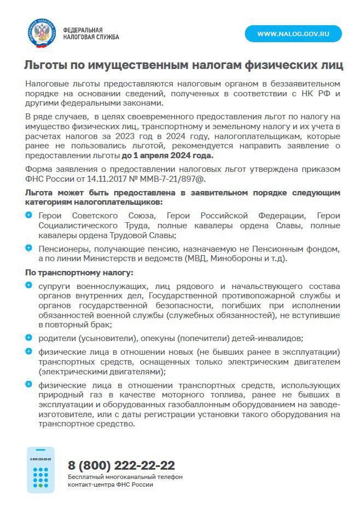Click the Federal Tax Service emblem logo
[x=42, y=33]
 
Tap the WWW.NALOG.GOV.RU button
[x=293, y=34]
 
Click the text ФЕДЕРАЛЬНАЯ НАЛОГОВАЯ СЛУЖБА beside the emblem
[x=91, y=33]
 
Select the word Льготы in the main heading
[x=45, y=66]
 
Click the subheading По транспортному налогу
[x=79, y=273]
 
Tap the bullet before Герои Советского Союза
[x=29, y=216]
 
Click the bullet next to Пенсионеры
[x=29, y=248]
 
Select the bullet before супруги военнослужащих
[x=29, y=285]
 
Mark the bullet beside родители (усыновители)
[x=29, y=337]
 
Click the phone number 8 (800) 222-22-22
[x=121, y=465]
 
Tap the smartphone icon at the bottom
[x=40, y=469]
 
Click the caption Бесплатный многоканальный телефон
[x=125, y=477]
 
